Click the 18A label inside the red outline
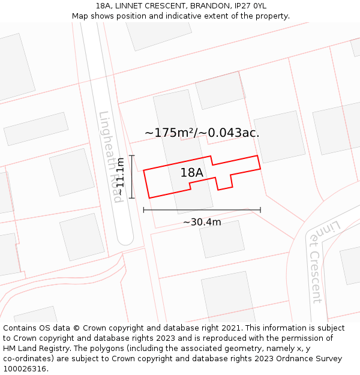coord(192,173)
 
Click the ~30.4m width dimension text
coord(202,222)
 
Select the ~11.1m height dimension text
coord(120,176)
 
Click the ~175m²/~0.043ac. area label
coord(202,133)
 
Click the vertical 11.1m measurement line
coord(132,176)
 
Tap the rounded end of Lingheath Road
coord(125,239)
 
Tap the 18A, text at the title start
coord(104,6)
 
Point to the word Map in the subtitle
coord(80,16)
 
